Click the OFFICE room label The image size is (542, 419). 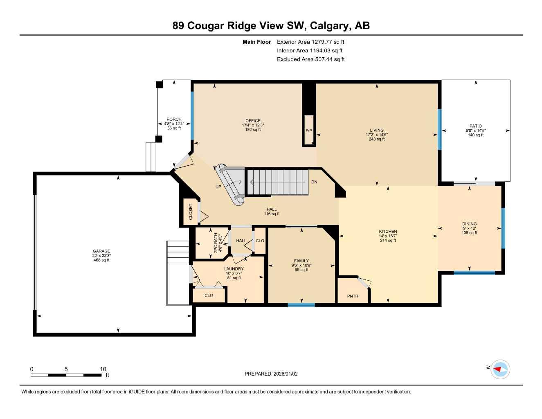253,121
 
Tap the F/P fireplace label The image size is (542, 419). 309,131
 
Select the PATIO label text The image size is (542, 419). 475,126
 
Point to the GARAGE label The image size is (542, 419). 101,251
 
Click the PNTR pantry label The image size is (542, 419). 353,296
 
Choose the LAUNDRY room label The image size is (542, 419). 234,269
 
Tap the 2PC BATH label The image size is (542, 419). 216,243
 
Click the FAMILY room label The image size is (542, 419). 301,261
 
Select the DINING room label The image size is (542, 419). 469,224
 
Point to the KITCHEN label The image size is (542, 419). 388,232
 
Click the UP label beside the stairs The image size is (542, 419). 218,187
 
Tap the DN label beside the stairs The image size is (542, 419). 314,182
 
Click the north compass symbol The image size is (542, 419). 500,369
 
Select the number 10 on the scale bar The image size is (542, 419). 103,369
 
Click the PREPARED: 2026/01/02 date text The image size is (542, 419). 271,374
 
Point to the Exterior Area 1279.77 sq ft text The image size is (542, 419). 310,42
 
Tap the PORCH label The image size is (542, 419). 174,119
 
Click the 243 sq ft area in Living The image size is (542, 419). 377,139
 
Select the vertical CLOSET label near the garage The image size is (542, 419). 191,212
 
